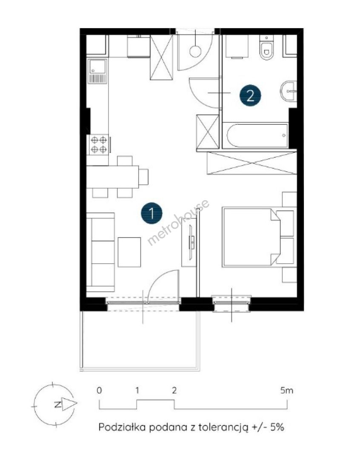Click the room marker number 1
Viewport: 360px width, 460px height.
click(151, 213)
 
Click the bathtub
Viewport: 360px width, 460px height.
click(257, 135)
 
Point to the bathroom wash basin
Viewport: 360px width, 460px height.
click(289, 91)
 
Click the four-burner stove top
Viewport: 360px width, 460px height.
click(98, 145)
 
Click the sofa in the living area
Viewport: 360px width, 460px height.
click(100, 252)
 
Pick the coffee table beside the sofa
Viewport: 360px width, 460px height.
click(129, 252)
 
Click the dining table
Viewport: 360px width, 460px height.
click(113, 177)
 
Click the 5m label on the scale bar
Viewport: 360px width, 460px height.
click(287, 391)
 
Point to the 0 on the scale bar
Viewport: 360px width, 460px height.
click(100, 391)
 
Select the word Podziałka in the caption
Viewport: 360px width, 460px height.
click(122, 427)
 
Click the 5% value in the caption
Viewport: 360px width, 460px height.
click(277, 427)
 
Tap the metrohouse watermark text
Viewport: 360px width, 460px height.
click(178, 222)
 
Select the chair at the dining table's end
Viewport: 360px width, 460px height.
click(144, 177)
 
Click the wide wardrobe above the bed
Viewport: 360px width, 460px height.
click(252, 163)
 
